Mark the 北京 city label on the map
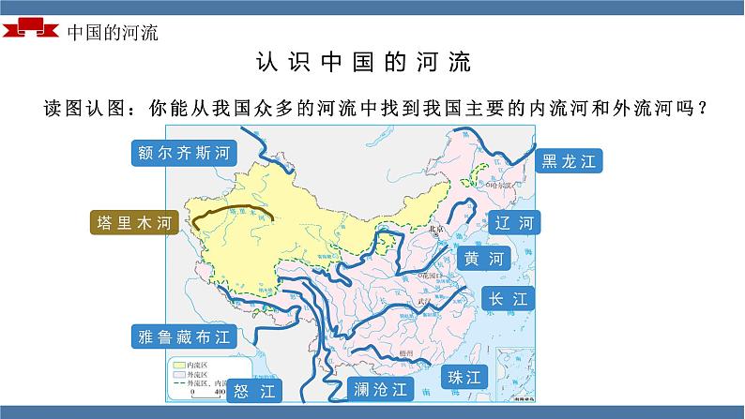click(433, 228)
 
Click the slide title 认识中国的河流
click(372, 65)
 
